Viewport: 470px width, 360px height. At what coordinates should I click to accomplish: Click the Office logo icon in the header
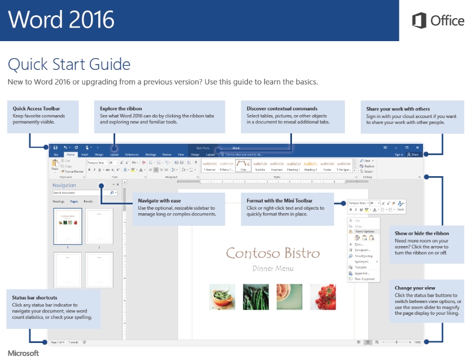(419, 21)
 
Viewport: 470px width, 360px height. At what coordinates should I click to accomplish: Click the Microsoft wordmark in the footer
(23, 353)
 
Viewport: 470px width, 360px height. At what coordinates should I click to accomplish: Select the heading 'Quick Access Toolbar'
(36, 109)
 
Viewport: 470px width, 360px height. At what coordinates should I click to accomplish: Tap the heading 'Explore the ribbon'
(121, 109)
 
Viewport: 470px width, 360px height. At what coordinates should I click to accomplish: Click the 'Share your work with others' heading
(398, 109)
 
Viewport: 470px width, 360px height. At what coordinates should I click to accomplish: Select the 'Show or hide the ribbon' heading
(421, 234)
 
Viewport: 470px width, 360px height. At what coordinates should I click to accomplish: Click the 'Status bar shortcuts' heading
(35, 298)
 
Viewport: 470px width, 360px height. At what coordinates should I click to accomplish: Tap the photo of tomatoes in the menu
(323, 297)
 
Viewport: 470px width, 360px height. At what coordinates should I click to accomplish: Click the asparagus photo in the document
(256, 297)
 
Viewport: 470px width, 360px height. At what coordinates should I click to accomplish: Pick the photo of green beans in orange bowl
(222, 297)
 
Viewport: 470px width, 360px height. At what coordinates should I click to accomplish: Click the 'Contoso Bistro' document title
(273, 253)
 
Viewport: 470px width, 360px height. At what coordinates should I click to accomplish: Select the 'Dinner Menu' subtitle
(273, 268)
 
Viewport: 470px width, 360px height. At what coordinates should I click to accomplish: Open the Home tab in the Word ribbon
(70, 154)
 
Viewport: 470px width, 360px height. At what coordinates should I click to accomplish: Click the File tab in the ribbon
(56, 154)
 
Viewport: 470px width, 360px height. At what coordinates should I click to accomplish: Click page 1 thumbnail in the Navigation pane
(68, 226)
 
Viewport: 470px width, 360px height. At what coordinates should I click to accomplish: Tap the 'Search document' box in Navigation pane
(80, 193)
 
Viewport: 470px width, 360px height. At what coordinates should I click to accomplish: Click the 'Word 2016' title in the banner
(61, 19)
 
